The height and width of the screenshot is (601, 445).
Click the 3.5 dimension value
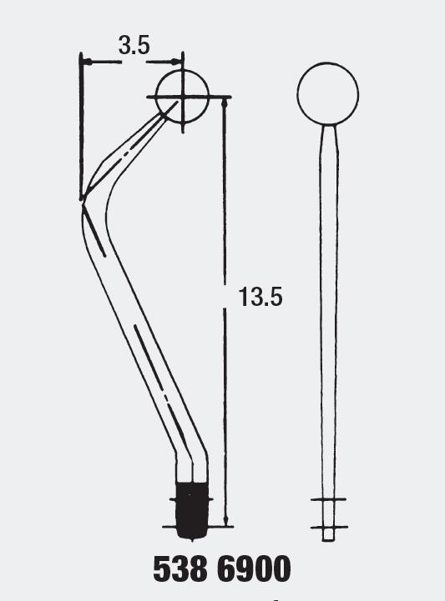click(x=134, y=46)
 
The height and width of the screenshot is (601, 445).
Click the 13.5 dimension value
click(x=260, y=297)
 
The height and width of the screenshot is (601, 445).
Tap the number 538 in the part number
click(x=180, y=569)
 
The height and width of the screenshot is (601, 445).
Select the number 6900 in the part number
click(x=253, y=569)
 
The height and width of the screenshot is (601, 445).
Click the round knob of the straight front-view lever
click(x=328, y=93)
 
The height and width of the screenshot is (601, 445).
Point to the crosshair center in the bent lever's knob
click(x=181, y=97)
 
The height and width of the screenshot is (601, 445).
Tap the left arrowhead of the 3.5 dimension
click(x=86, y=61)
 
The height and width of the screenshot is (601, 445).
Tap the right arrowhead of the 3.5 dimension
click(x=176, y=61)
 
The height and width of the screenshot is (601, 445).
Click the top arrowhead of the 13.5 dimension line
click(x=225, y=102)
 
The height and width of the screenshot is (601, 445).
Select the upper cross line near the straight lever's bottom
click(x=328, y=500)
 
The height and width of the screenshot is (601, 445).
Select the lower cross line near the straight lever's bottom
click(x=328, y=527)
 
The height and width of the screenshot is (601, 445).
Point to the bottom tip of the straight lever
click(x=328, y=540)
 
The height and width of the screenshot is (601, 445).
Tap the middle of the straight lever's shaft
click(x=329, y=317)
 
